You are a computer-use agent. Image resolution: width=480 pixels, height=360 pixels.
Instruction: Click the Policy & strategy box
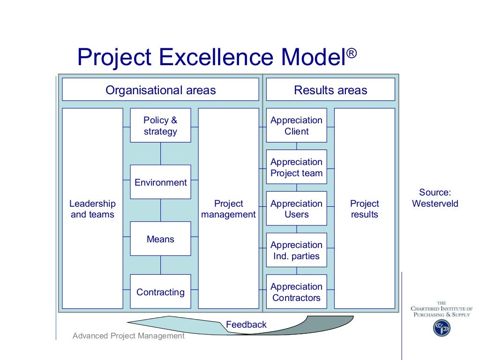[160, 126]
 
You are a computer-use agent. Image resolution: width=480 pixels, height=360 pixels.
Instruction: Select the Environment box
[160, 182]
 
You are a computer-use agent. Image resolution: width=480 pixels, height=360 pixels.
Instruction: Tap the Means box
[160, 239]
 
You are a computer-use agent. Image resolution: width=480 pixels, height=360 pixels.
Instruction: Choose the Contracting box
[160, 292]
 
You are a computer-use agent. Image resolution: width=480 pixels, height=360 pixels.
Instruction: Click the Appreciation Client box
[296, 126]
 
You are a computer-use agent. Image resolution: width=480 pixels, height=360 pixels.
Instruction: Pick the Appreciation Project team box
[296, 167]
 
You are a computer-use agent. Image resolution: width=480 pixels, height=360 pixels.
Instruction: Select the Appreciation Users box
[296, 209]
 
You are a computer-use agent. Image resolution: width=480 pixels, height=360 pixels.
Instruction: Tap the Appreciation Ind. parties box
[296, 250]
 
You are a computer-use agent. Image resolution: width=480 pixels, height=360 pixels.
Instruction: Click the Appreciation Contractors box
[296, 292]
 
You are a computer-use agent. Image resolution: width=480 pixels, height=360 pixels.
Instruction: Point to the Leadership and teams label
[92, 209]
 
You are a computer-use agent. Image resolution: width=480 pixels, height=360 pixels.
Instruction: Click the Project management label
[228, 209]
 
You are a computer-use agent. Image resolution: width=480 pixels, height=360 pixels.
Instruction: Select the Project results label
[364, 209]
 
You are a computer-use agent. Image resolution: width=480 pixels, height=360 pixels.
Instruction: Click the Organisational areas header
[160, 90]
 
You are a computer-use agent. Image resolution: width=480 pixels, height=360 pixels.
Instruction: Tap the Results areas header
[330, 90]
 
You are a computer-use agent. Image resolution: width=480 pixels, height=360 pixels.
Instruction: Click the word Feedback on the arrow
[246, 324]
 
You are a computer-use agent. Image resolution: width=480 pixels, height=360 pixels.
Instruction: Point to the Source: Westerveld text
[435, 198]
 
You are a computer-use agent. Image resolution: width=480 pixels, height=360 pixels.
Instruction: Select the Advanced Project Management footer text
[128, 336]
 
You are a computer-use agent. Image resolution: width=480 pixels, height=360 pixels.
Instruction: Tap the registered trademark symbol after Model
[352, 53]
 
